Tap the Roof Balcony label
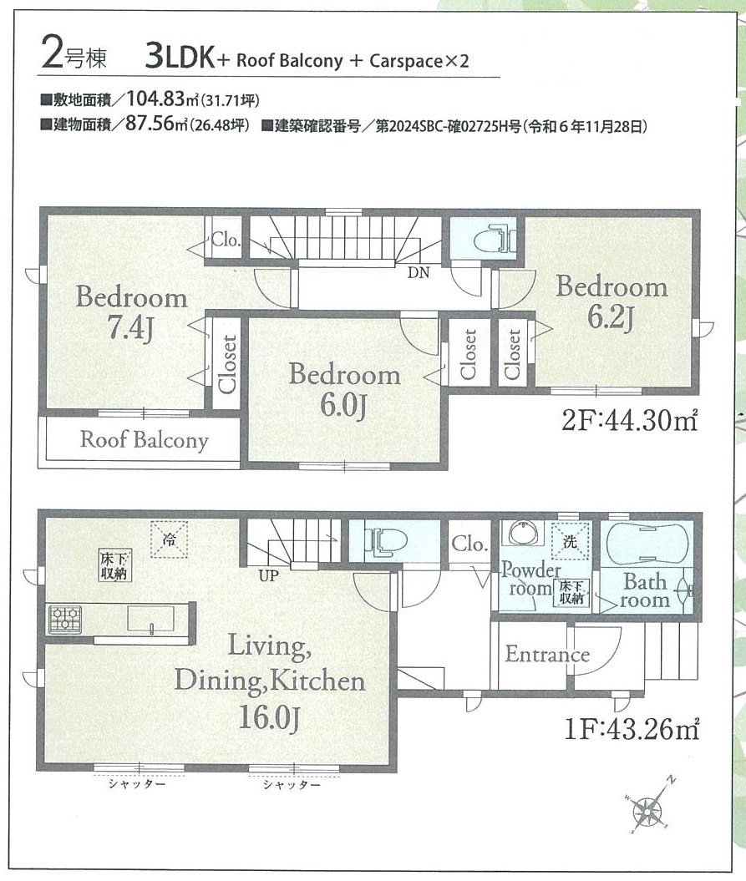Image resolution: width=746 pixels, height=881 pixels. click(144, 440)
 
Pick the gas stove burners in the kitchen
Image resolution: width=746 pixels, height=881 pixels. click(65, 619)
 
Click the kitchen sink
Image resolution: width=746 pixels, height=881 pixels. click(150, 619)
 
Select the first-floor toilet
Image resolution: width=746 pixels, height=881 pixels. click(386, 542)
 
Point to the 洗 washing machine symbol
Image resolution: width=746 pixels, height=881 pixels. click(570, 542)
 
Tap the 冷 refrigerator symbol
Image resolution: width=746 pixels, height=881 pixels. click(169, 539)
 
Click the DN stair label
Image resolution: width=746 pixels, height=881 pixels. click(419, 273)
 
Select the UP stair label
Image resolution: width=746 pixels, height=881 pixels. click(268, 576)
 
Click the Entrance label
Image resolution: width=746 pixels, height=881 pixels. click(547, 654)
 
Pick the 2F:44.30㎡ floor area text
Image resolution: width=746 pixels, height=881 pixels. click(630, 420)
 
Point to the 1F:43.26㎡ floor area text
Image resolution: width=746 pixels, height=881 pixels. click(632, 729)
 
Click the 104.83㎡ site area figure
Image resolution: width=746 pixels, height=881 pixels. click(163, 99)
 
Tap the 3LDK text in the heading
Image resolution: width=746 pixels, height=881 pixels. click(180, 57)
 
